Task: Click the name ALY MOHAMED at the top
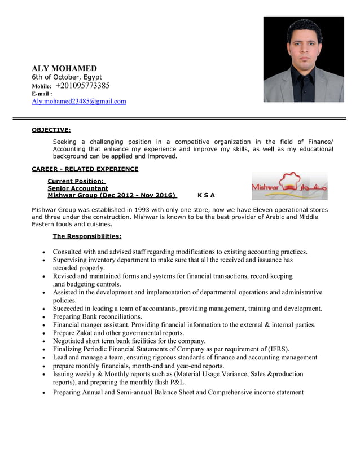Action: [64, 68]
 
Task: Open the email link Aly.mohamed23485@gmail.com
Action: [78, 102]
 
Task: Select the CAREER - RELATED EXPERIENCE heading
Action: [85, 169]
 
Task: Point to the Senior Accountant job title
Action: [77, 188]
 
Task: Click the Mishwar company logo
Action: [289, 186]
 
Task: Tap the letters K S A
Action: [206, 196]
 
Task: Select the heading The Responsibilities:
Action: [87, 236]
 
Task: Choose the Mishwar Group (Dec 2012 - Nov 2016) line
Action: [112, 196]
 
